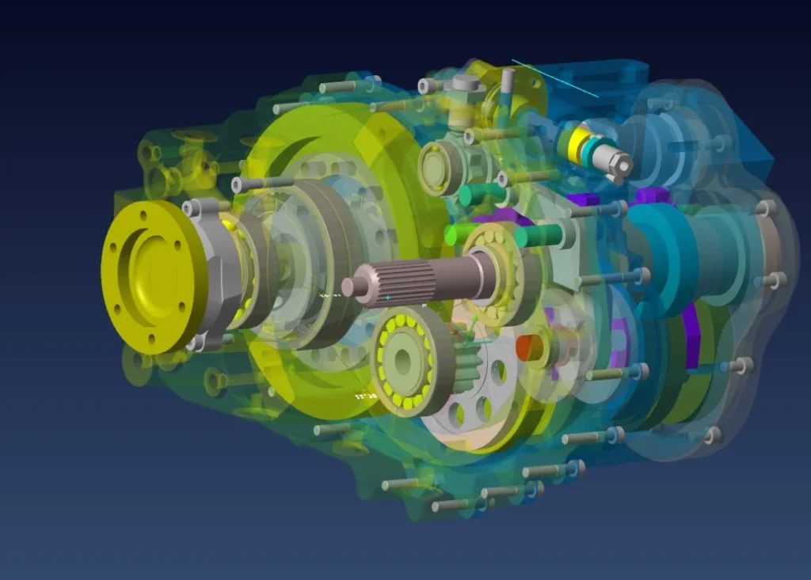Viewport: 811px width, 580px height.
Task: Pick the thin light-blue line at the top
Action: pyautogui.click(x=554, y=78)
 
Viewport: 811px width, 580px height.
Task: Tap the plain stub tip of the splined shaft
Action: pyautogui.click(x=353, y=286)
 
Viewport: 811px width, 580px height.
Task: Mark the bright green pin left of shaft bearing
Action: pyautogui.click(x=459, y=234)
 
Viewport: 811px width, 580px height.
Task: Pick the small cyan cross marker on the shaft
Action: pyautogui.click(x=388, y=298)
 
